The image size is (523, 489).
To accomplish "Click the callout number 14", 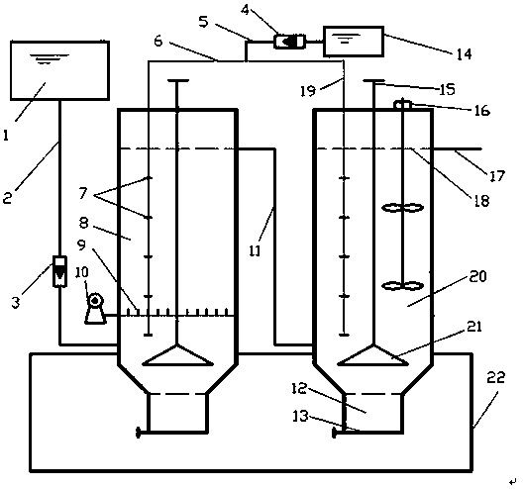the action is coord(465,53).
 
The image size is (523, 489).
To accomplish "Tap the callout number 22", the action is coord(496,378).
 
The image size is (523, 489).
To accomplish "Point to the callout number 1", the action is coord(6,135).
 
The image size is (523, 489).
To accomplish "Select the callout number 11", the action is coord(256,250).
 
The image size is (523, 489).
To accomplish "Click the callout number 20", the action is coord(477,276).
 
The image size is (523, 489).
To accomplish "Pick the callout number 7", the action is coord(83,193).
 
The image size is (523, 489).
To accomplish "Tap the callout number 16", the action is coord(481,111).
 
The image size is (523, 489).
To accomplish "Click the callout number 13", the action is coord(300,416).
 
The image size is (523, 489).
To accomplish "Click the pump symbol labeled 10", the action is coord(95,309).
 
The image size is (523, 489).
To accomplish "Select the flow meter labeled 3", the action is coord(60,271).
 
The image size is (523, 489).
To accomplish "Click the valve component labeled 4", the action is coord(289,42).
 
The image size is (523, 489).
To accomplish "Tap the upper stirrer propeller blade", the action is coord(403,208).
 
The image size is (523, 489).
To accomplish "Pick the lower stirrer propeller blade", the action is coord(403,286).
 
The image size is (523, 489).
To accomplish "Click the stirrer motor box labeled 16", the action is coord(403,105).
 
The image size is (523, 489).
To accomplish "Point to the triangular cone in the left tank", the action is coord(177,355).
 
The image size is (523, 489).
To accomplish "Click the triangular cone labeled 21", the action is coord(374,355).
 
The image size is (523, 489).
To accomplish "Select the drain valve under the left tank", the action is coord(138,433).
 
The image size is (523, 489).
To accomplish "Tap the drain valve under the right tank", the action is coord(334,433).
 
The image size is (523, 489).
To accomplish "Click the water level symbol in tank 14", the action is coord(349,39).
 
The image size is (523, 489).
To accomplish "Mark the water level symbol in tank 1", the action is coord(49,58).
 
